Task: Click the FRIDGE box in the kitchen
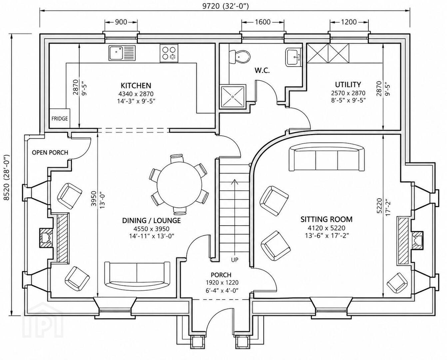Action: [60, 118]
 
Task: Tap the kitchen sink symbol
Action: [122, 53]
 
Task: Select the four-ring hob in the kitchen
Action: [169, 53]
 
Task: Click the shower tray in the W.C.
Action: [233, 96]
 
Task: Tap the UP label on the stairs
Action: [235, 260]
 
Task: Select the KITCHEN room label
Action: [136, 85]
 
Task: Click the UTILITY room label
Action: [348, 85]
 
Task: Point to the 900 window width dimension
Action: [121, 22]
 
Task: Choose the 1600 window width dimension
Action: [263, 22]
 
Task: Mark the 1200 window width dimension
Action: [349, 22]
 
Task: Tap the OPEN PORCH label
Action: [50, 153]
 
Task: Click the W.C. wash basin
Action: [293, 57]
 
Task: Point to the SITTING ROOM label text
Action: [326, 219]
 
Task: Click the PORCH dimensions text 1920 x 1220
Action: [222, 283]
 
